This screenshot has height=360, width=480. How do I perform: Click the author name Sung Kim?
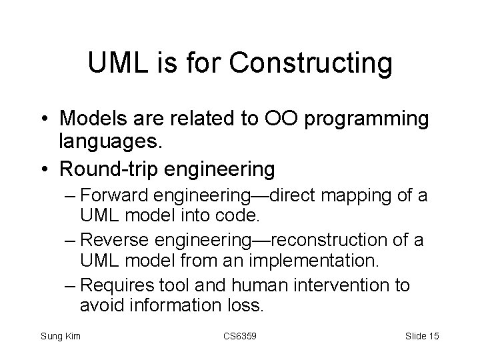click(61, 335)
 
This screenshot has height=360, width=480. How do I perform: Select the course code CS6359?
click(239, 335)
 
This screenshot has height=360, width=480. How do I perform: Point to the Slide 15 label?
click(421, 335)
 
